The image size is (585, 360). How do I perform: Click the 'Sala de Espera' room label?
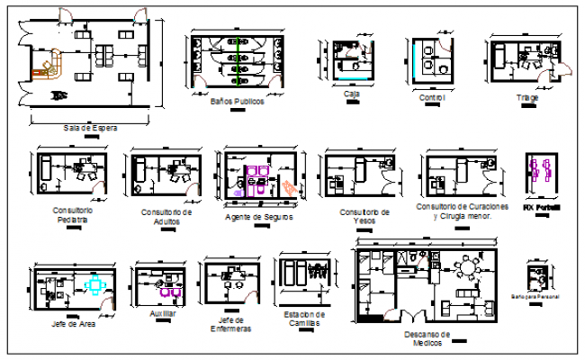tap(90, 128)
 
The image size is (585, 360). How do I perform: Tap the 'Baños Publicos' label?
tap(237, 102)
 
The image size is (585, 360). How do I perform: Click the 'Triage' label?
tap(526, 97)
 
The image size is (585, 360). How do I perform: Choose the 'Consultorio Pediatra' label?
tap(72, 214)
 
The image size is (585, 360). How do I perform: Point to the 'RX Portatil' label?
tap(542, 207)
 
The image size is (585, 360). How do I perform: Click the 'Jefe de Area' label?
tap(74, 323)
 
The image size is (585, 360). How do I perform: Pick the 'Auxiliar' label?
tap(163, 313)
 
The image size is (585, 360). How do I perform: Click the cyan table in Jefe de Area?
tap(95, 284)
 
